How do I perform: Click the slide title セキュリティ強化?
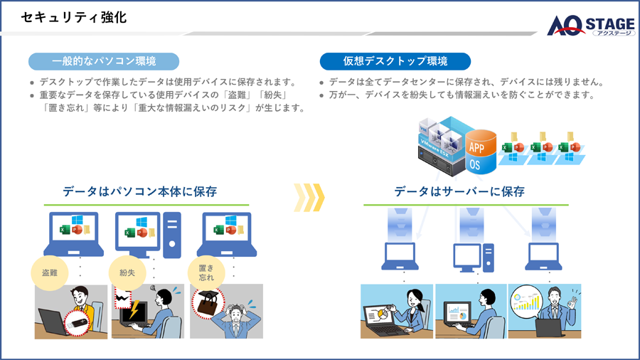tap(74, 18)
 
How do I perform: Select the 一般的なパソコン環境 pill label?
tap(104, 61)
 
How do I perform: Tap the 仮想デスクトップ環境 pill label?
tap(395, 61)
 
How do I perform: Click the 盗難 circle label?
tap(50, 272)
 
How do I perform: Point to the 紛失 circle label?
tap(127, 272)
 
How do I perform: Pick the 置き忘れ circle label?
tap(206, 272)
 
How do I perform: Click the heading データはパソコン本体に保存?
tap(139, 191)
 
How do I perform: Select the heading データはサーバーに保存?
tap(459, 191)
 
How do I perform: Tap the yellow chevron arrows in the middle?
tap(309, 197)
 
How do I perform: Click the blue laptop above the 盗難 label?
tap(74, 233)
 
